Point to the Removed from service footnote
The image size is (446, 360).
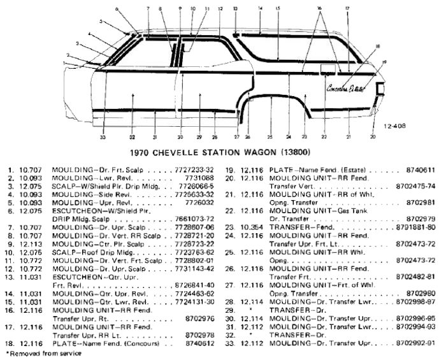(43, 353)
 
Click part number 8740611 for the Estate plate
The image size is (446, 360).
(421, 170)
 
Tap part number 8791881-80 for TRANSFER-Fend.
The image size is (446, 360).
(415, 227)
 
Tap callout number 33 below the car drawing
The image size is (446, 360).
(103, 137)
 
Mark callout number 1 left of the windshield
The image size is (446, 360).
(66, 64)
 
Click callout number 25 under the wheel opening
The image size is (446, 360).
(270, 137)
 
